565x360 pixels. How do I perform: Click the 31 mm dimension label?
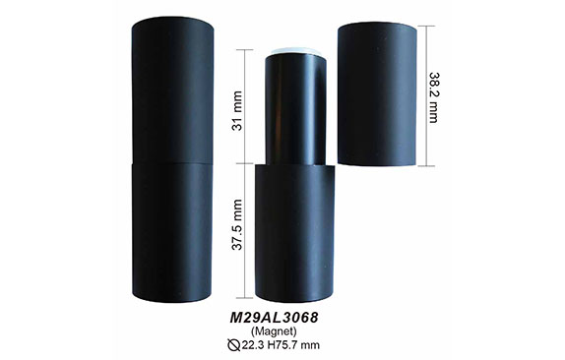237,110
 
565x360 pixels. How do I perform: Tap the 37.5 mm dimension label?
237,224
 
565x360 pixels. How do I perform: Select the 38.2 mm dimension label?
434,97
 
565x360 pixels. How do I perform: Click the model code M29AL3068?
274,318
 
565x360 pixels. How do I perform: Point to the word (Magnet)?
274,330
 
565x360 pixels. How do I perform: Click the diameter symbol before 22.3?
234,345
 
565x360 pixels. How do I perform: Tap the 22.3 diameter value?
253,345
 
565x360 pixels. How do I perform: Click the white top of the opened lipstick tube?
295,51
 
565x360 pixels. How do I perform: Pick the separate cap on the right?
377,93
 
